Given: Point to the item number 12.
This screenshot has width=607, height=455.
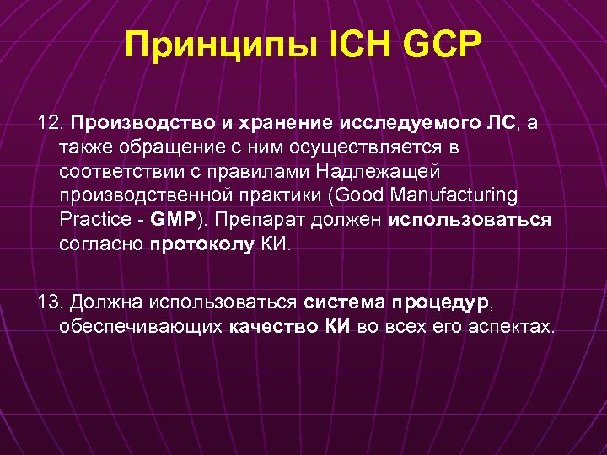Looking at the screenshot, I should coord(51,124).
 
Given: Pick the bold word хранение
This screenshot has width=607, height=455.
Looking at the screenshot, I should coord(284,124).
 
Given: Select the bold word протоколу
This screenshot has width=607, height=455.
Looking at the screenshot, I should coord(201,244).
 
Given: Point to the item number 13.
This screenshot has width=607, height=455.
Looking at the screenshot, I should coord(51,301).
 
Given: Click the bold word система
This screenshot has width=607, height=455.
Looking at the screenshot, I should coord(341,301).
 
